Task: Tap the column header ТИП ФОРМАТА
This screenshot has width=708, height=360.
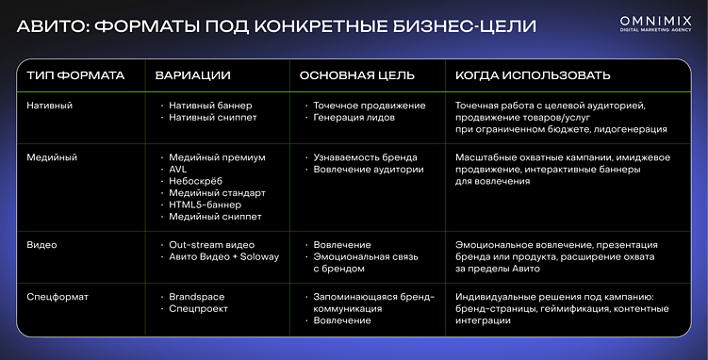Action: tap(75, 74)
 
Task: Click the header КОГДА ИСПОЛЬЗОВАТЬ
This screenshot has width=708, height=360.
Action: tap(533, 74)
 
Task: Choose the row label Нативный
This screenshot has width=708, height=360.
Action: tap(51, 106)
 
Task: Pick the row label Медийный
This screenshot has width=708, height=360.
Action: tap(53, 157)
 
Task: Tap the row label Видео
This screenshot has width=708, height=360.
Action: tap(42, 245)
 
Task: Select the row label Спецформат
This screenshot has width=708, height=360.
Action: tap(58, 297)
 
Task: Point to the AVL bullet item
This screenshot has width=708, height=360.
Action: tap(178, 170)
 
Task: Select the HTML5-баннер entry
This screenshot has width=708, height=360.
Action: tap(205, 205)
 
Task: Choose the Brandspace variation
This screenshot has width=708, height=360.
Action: tap(196, 297)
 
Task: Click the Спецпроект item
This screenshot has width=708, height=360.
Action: tap(198, 309)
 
